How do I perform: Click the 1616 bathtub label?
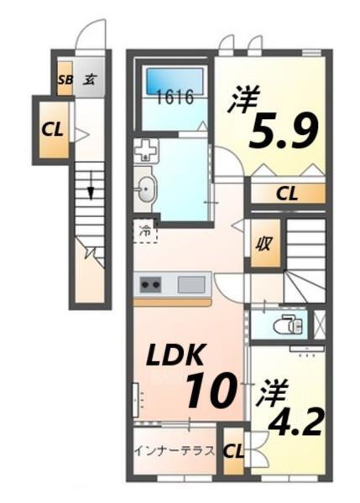point(174,96)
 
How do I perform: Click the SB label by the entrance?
point(65,80)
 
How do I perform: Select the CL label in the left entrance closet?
point(53,130)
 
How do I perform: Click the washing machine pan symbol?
point(146,153)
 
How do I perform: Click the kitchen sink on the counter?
point(190,285)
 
